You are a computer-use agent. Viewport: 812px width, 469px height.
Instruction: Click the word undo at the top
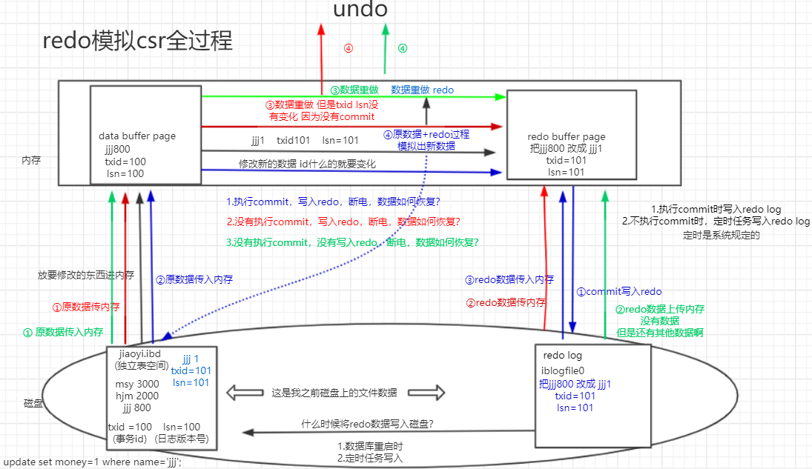click(360, 10)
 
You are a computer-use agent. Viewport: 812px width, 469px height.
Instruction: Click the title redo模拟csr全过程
click(138, 41)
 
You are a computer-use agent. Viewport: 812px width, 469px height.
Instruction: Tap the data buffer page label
click(137, 136)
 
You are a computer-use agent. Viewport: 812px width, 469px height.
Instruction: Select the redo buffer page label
click(567, 137)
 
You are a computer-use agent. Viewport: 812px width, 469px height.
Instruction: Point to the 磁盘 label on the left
click(33, 403)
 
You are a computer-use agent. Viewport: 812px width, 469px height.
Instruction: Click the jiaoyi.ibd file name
click(141, 353)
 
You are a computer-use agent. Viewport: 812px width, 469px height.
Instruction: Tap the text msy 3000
click(137, 385)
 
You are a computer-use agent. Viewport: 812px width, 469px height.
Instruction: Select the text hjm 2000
click(137, 396)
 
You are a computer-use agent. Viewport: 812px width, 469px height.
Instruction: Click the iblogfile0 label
click(563, 371)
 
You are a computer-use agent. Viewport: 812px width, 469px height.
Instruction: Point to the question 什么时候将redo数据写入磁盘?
click(367, 424)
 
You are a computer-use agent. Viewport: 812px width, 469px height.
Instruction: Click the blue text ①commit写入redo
click(619, 292)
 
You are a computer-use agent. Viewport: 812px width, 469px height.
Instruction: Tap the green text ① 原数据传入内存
click(63, 333)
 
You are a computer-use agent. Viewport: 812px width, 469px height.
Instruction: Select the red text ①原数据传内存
click(86, 307)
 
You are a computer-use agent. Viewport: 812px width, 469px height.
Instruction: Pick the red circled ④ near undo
click(348, 48)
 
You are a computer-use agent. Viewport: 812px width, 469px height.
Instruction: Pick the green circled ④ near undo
click(403, 48)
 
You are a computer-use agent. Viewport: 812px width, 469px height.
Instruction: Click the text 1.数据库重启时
click(370, 447)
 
